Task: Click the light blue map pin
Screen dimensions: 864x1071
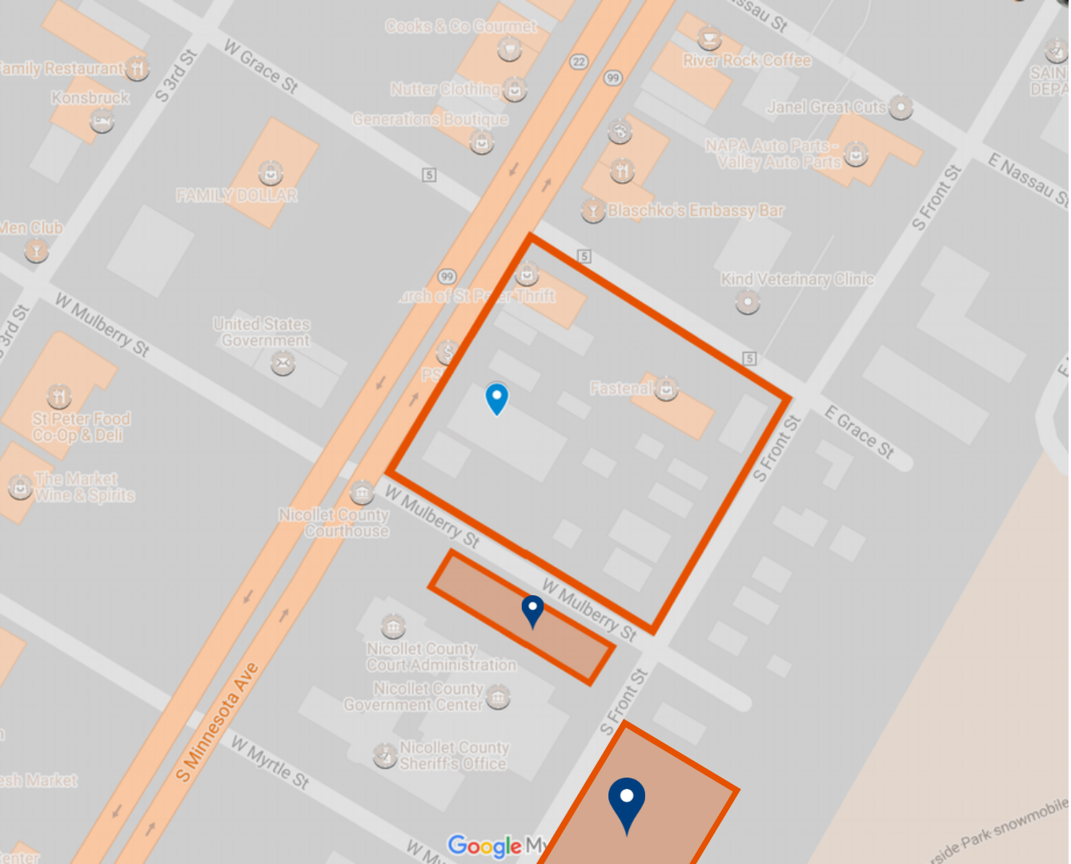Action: tap(497, 398)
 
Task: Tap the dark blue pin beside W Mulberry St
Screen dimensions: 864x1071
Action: tap(533, 610)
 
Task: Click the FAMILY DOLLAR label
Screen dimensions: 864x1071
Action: tap(237, 195)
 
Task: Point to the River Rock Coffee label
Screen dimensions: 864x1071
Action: tap(747, 61)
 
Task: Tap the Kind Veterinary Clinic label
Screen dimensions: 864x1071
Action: tap(797, 279)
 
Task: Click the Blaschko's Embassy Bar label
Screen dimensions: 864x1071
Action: tap(696, 211)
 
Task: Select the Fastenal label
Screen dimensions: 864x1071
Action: tap(621, 389)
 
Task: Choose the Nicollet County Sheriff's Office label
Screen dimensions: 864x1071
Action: tap(454, 755)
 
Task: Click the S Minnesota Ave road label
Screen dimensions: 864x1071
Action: tap(218, 722)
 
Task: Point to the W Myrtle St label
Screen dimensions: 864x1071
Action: tap(270, 762)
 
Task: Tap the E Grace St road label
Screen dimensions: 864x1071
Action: tap(860, 432)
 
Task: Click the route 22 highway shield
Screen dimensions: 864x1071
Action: tap(579, 62)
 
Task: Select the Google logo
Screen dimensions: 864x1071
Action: tap(485, 846)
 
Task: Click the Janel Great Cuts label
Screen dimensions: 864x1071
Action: tap(826, 107)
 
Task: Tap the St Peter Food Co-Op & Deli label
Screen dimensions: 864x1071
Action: tap(80, 427)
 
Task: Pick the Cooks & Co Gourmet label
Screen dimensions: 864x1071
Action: tap(461, 26)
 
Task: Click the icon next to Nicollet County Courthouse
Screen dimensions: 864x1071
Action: tap(362, 491)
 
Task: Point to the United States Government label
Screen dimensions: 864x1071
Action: tap(262, 332)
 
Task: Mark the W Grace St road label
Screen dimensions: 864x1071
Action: tap(261, 67)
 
